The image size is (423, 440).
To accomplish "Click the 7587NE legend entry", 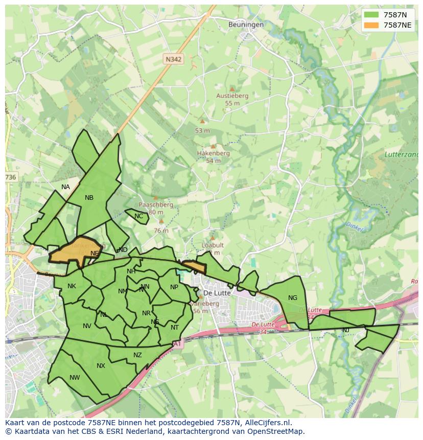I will (388, 25).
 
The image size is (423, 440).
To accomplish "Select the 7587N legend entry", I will (388, 14).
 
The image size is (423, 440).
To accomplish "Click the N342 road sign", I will (174, 59).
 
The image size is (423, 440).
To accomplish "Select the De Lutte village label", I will (217, 293).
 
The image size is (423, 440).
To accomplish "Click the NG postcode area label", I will (293, 298).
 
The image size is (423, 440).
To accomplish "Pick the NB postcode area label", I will (89, 198).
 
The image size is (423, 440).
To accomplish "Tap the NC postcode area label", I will (138, 216).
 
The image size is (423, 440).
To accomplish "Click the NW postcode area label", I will (75, 378).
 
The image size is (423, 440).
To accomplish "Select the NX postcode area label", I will (101, 366).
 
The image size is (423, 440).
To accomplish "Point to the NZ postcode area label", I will (137, 355).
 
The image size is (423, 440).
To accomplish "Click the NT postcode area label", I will (175, 328).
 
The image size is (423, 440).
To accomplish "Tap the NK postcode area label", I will (72, 286).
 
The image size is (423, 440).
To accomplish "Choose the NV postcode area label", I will (87, 326).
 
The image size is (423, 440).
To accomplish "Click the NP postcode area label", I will (174, 287).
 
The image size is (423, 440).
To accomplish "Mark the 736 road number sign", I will (11, 177).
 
